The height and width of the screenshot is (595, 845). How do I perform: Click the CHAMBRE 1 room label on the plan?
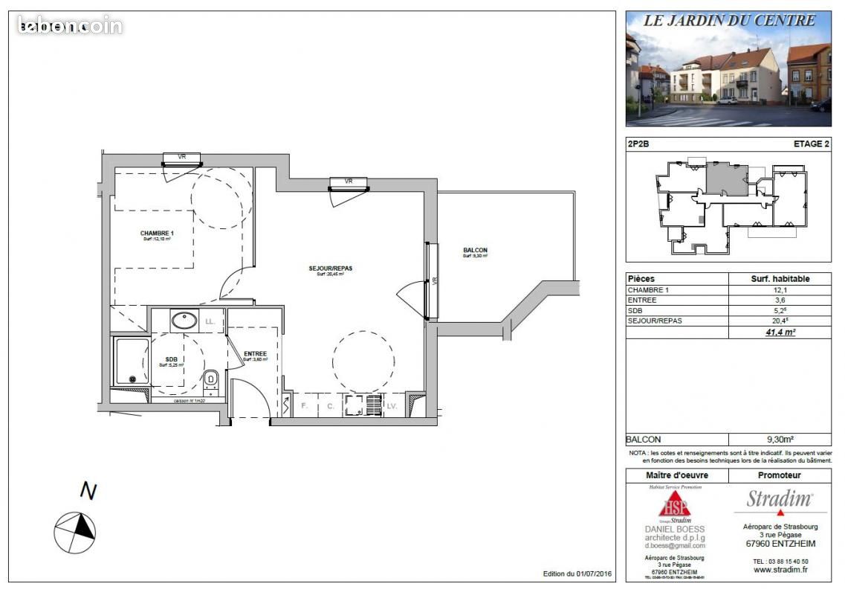pyautogui.click(x=156, y=234)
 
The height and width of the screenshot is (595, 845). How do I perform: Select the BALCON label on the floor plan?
pyautogui.click(x=475, y=251)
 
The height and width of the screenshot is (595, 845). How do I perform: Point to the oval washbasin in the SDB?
pyautogui.click(x=184, y=321)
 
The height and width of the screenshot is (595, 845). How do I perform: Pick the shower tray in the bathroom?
pyautogui.click(x=131, y=361)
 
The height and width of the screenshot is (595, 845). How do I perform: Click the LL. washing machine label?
pyautogui.click(x=210, y=322)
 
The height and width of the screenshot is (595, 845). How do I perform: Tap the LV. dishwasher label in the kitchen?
pyautogui.click(x=392, y=406)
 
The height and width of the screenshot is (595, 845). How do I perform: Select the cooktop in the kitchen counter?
pyautogui.click(x=353, y=406)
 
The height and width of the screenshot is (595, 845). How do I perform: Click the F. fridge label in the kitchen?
pyautogui.click(x=303, y=406)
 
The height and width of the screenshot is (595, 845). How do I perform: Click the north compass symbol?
pyautogui.click(x=75, y=527)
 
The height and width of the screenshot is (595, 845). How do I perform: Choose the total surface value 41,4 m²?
pyautogui.click(x=780, y=332)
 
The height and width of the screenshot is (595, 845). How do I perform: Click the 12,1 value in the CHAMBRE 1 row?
pyautogui.click(x=780, y=290)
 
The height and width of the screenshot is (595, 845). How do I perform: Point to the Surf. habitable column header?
pyautogui.click(x=780, y=279)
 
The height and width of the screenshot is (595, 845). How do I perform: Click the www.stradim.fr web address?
pyautogui.click(x=780, y=570)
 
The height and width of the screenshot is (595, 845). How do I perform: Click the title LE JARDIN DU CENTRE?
pyautogui.click(x=728, y=21)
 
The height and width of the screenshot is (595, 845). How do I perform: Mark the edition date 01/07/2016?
pyautogui.click(x=594, y=574)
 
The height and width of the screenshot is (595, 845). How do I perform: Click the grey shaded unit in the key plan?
pyautogui.click(x=725, y=178)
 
